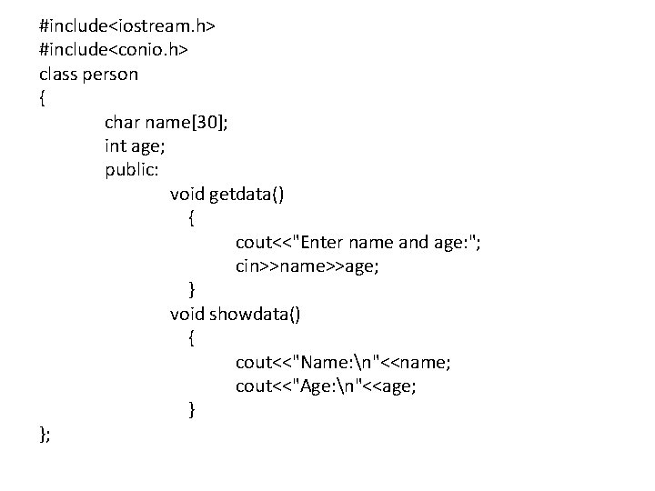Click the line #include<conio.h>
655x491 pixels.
click(114, 50)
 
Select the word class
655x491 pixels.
click(57, 74)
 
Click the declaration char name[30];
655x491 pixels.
click(166, 122)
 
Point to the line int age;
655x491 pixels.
click(134, 145)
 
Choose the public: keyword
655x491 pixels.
click(132, 170)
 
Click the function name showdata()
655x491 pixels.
click(257, 315)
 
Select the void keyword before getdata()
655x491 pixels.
click(187, 194)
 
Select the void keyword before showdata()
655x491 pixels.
click(187, 315)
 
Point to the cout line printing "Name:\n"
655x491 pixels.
click(343, 363)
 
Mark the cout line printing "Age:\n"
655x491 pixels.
click(326, 386)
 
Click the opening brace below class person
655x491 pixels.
click(43, 98)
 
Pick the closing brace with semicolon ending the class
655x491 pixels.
click(45, 435)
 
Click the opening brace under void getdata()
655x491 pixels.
click(191, 218)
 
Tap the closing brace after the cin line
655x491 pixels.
click(191, 290)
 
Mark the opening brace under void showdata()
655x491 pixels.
click(191, 338)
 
